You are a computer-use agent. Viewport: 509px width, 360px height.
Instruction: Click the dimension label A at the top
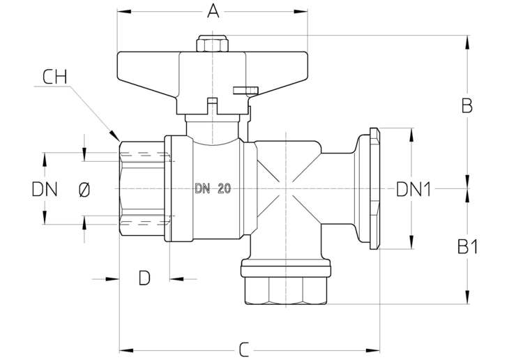213,11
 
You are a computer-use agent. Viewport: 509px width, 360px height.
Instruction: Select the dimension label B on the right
467,105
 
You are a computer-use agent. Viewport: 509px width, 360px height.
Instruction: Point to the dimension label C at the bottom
244,350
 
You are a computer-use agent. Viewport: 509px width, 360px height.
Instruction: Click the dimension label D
144,278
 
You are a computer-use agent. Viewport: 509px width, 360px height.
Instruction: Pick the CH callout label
55,77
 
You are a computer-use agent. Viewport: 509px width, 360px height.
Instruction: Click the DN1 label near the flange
413,189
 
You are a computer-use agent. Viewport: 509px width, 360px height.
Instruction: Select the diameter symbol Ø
84,190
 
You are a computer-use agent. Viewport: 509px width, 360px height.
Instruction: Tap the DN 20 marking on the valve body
213,188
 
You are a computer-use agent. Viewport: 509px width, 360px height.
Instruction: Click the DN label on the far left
45,190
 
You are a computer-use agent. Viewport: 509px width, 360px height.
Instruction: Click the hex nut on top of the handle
212,44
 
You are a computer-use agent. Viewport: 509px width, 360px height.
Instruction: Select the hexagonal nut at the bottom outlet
286,290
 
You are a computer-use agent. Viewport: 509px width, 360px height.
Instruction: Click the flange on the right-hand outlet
374,189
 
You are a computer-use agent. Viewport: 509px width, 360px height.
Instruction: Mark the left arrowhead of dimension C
126,350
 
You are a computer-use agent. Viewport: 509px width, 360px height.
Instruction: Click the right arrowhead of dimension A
301,12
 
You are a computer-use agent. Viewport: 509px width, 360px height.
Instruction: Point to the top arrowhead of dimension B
467,43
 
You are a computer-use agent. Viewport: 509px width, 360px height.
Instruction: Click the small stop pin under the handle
245,90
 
